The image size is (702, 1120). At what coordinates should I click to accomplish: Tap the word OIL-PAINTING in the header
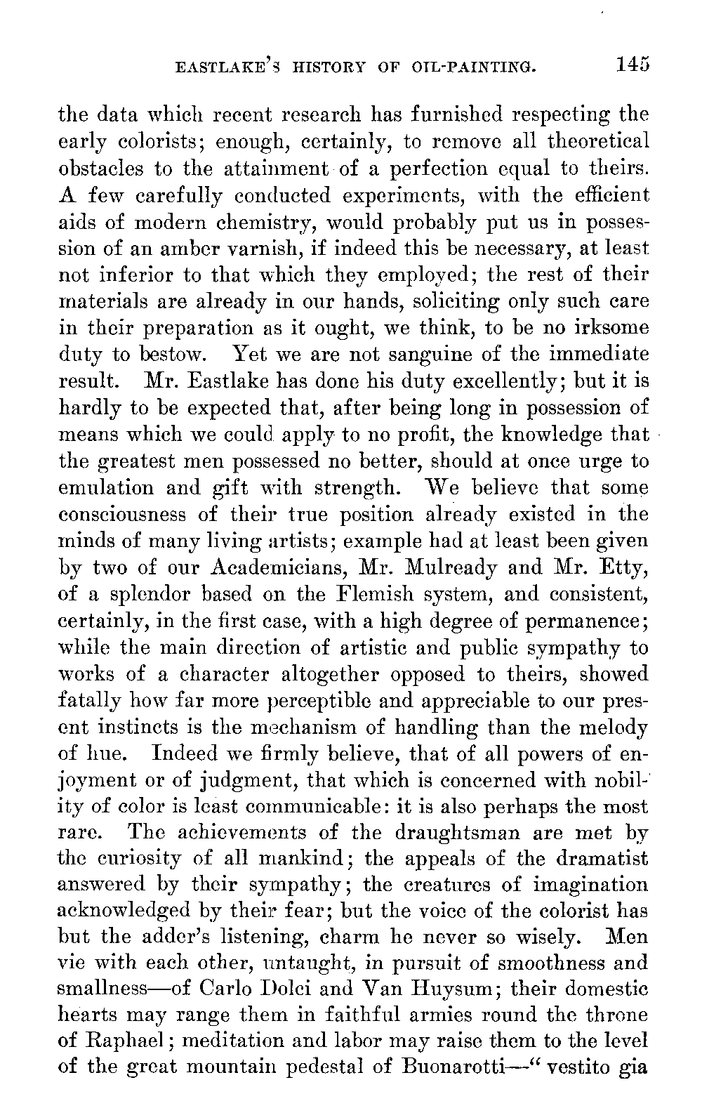tap(476, 67)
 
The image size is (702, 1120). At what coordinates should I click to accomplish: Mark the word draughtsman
tap(461, 833)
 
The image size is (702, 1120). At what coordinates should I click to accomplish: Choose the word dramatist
tap(597, 859)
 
